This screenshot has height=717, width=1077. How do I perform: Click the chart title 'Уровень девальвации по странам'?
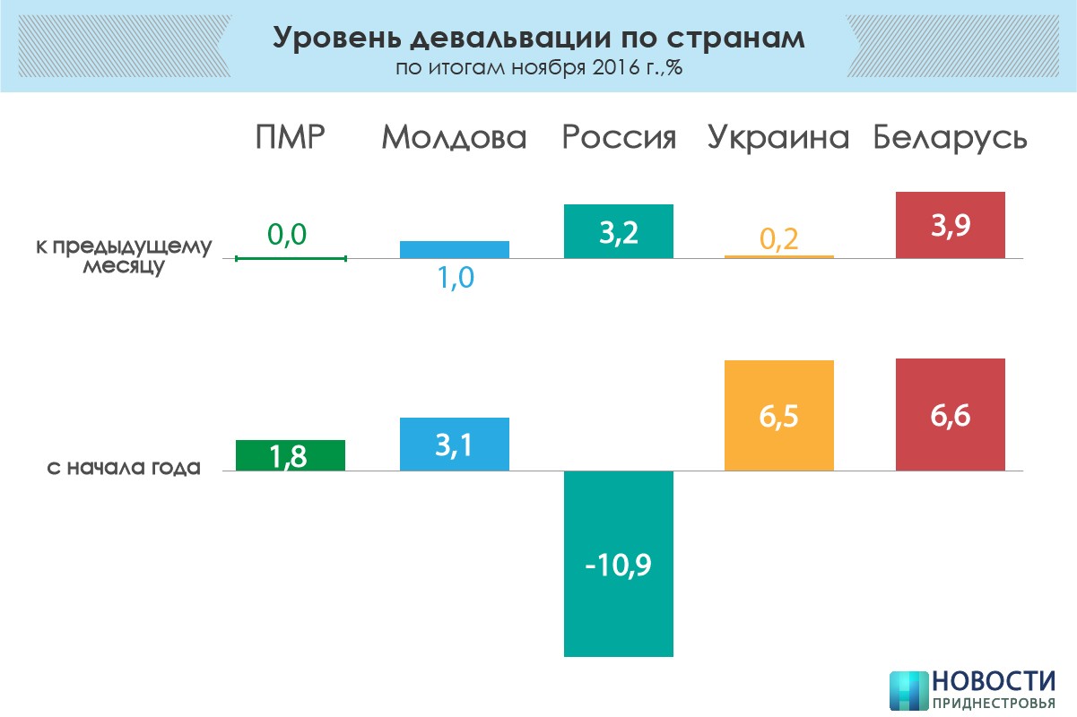point(538,39)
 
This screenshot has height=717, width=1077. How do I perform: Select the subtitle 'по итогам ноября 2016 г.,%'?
point(538,69)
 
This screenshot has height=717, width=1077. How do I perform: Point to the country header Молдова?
point(454,138)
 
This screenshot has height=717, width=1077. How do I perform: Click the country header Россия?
point(619,138)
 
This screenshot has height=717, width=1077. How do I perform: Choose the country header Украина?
point(778,138)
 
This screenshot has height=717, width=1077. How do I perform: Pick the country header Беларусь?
point(951,138)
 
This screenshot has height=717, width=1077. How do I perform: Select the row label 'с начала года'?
point(123,467)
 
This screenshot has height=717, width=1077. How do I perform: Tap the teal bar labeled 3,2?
point(619,231)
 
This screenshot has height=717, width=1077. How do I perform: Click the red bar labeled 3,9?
point(951,225)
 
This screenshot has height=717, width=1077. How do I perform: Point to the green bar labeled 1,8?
point(291,455)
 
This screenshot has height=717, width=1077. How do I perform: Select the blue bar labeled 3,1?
point(454,444)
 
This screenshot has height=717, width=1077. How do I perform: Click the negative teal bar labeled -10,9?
point(619,564)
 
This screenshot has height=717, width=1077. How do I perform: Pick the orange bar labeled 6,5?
point(778,415)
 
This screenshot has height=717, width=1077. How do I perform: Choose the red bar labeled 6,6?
point(951,414)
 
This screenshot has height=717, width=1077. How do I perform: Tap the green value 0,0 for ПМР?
point(287,235)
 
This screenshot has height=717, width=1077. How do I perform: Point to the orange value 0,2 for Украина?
point(778,238)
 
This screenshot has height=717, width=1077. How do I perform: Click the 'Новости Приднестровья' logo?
point(972,689)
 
